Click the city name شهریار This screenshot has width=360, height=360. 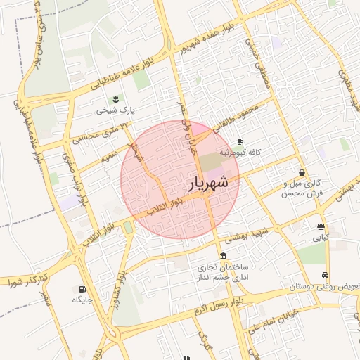(x=209, y=183)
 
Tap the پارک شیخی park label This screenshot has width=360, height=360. (x=116, y=110)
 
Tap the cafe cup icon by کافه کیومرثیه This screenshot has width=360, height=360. (x=240, y=141)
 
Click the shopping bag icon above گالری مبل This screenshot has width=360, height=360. (x=302, y=172)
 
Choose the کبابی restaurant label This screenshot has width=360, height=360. (x=321, y=238)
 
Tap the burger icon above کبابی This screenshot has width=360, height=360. (x=321, y=226)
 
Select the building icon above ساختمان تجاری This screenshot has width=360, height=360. (x=223, y=255)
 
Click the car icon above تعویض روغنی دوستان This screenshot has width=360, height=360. (x=325, y=275)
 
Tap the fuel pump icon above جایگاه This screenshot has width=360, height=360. (x=83, y=288)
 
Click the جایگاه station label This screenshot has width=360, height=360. (x=82, y=300)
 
